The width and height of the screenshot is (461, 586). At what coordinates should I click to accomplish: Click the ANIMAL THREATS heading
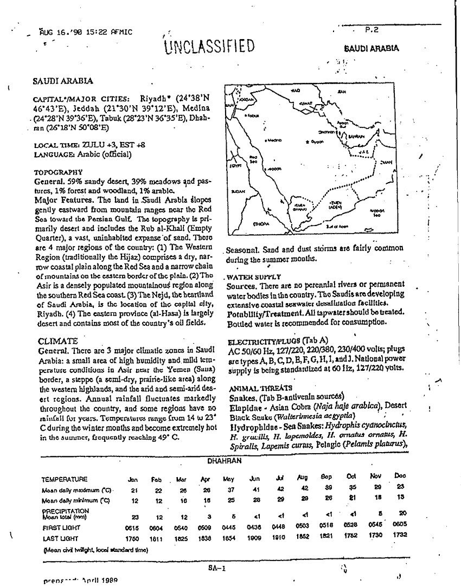[x=253, y=388]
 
